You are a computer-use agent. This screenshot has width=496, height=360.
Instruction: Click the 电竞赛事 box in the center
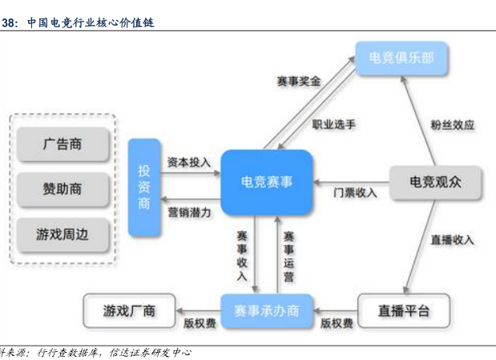point(267,182)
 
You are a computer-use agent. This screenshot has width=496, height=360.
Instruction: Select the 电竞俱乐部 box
point(401,59)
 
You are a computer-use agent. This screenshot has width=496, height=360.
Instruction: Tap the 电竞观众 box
point(435,182)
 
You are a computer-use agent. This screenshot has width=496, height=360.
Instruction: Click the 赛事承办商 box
point(267,310)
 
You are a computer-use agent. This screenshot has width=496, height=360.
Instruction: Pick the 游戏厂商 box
point(129,310)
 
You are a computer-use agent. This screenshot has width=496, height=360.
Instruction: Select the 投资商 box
point(144,187)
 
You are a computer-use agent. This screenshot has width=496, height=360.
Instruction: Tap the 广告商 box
point(63,145)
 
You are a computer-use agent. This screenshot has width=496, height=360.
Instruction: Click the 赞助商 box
point(63,190)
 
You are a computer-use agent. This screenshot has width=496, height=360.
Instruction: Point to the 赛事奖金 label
point(298,81)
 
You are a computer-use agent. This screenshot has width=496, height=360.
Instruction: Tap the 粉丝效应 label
point(452,124)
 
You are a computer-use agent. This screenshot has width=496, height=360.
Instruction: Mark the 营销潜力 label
point(189,212)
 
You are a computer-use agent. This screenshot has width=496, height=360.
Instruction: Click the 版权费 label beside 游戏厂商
point(200,324)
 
